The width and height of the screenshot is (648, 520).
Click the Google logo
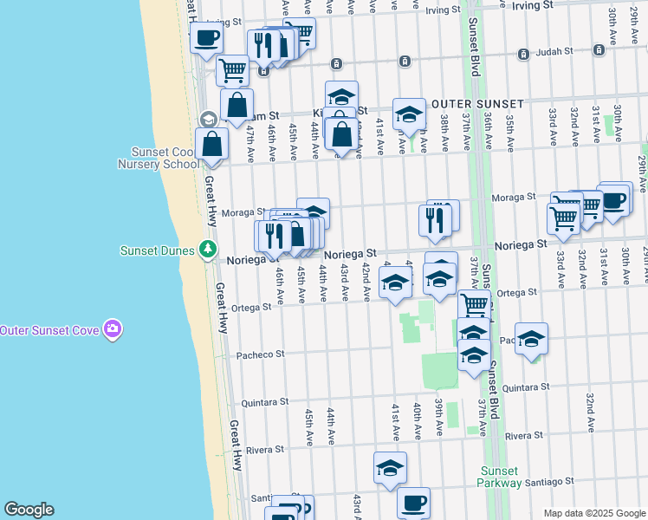click(x=28, y=510)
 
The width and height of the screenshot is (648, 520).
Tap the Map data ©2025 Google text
click(x=595, y=513)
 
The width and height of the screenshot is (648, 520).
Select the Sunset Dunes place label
click(x=156, y=250)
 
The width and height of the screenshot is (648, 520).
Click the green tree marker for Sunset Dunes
click(x=207, y=250)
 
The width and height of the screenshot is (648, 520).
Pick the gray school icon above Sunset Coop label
click(x=207, y=119)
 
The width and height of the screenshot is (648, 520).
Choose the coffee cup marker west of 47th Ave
click(x=206, y=38)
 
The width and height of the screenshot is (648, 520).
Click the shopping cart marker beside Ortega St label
click(x=474, y=305)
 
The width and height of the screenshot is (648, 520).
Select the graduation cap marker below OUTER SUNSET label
click(x=409, y=114)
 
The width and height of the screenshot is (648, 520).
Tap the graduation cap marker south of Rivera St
click(x=390, y=468)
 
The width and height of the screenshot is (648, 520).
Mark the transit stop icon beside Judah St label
click(x=523, y=54)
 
